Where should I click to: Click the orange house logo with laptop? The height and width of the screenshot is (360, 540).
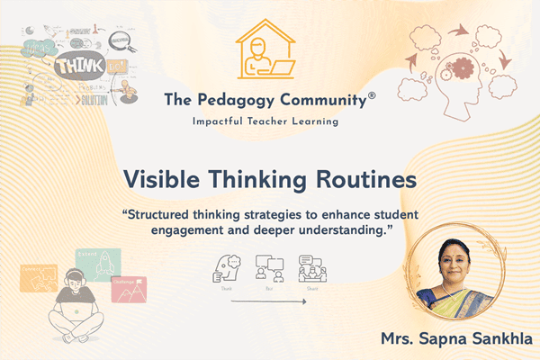click(x=269, y=49)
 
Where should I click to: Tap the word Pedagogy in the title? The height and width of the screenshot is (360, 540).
click(x=238, y=99)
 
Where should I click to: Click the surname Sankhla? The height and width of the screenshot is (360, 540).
click(x=497, y=339)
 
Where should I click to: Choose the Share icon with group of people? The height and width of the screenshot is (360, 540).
click(x=310, y=265)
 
